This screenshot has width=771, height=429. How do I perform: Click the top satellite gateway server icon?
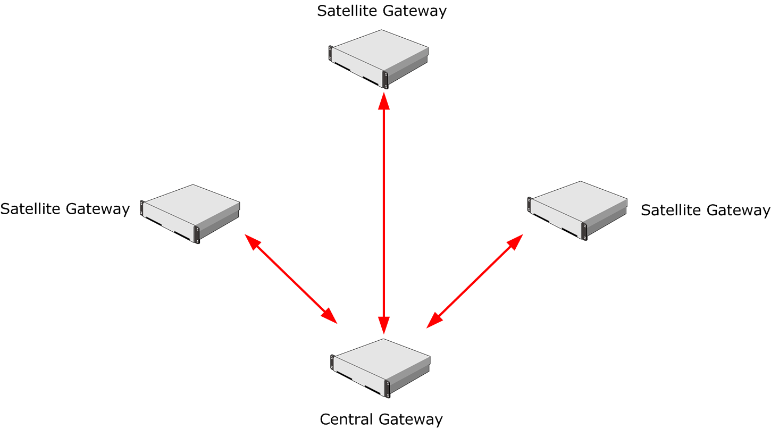click(379, 59)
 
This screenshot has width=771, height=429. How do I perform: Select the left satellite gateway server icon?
click(190, 214)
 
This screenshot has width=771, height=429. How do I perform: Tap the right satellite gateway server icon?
click(577, 211)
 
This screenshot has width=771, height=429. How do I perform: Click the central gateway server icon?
click(380, 368)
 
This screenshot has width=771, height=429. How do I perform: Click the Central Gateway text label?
click(381, 420)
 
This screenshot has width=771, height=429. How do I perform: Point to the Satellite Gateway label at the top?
click(382, 11)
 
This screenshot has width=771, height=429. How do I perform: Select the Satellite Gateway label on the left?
click(65, 209)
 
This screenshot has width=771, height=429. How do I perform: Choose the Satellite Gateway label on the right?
click(706, 210)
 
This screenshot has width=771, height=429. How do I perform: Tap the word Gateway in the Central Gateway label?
click(411, 420)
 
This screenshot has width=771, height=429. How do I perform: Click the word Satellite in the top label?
click(347, 11)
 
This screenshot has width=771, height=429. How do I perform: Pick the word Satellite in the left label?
click(30, 208)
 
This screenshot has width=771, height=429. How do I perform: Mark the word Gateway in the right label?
click(739, 211)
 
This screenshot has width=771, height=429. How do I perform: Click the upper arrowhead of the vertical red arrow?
click(384, 101)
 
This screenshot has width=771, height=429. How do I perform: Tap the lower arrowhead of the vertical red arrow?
click(384, 325)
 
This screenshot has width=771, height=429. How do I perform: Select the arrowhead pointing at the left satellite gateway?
click(252, 241)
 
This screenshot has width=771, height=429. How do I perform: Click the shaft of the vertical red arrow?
click(384, 213)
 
